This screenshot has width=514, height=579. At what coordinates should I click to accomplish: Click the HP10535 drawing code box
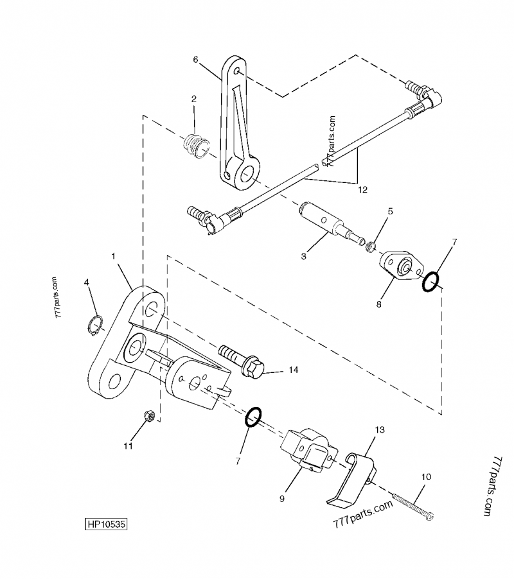[x=106, y=524]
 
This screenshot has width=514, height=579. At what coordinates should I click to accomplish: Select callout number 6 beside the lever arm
[x=196, y=59]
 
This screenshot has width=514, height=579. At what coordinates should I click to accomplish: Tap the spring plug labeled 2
[x=195, y=146]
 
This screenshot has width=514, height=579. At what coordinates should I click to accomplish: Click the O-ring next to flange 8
[x=431, y=281]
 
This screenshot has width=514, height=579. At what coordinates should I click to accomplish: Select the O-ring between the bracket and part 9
[x=253, y=417]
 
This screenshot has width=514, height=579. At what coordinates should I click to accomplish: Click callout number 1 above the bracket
[x=114, y=256]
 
